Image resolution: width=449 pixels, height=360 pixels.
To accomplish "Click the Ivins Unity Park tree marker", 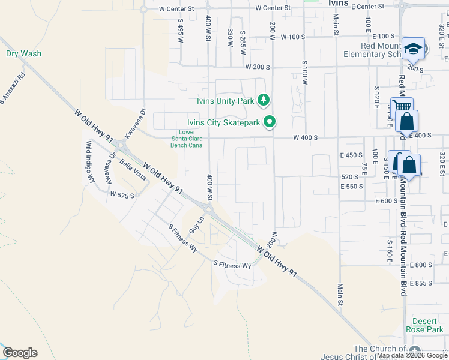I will point(263,100).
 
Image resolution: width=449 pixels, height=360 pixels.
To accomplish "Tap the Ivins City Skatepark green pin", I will point(270,122).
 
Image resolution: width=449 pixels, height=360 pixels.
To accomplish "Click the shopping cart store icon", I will point(401,107).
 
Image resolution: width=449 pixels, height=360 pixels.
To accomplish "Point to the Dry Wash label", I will point(24,53).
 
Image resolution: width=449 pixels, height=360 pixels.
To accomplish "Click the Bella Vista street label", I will point(133,171).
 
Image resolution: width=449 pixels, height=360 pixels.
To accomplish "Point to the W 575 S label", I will point(122,194).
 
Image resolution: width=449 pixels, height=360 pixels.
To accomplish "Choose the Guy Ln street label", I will point(196,225).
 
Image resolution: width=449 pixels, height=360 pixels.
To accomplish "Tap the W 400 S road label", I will point(305,137).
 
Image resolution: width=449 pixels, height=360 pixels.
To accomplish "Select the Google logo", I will point(20,353).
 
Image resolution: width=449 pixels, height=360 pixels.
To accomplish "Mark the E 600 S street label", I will point(385,201).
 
